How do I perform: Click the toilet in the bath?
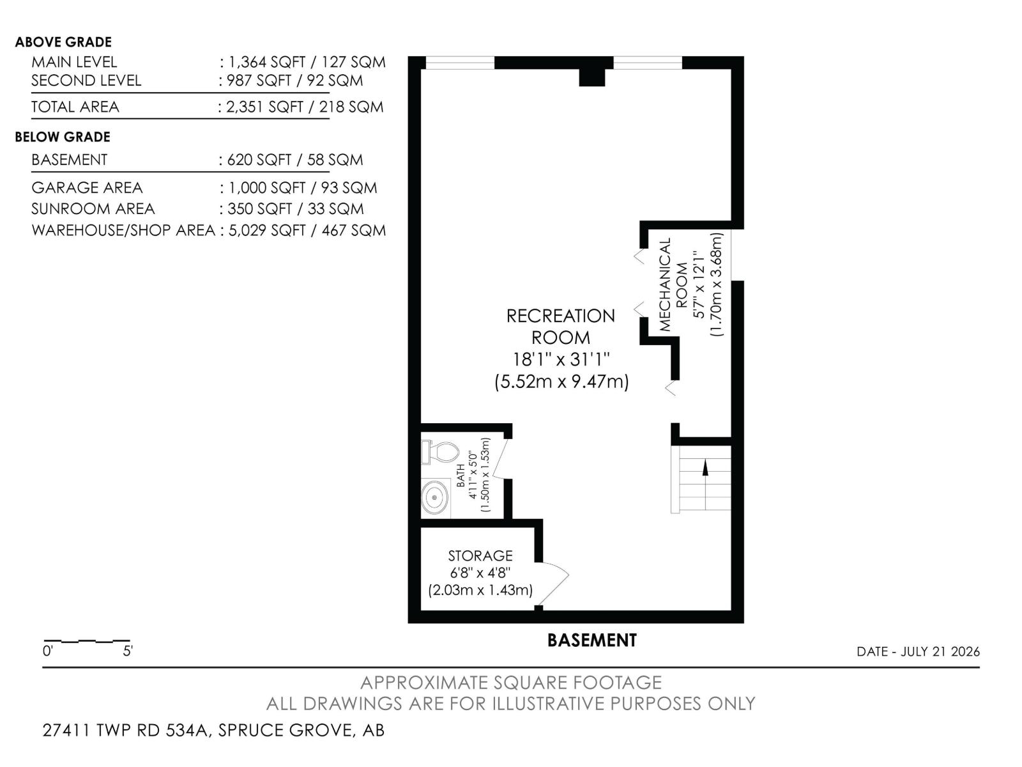click(439, 452)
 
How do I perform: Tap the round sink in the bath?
click(434, 497)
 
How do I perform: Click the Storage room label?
click(480, 555)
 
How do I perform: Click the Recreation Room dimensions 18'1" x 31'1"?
click(561, 359)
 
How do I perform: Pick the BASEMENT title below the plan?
click(591, 640)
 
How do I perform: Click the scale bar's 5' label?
click(128, 651)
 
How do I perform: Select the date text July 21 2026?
click(940, 651)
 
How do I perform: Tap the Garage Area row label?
click(87, 188)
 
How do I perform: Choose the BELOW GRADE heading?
click(63, 137)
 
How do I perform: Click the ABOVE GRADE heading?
click(63, 42)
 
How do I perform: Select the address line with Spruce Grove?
click(214, 730)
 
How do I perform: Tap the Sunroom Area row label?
click(93, 208)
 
